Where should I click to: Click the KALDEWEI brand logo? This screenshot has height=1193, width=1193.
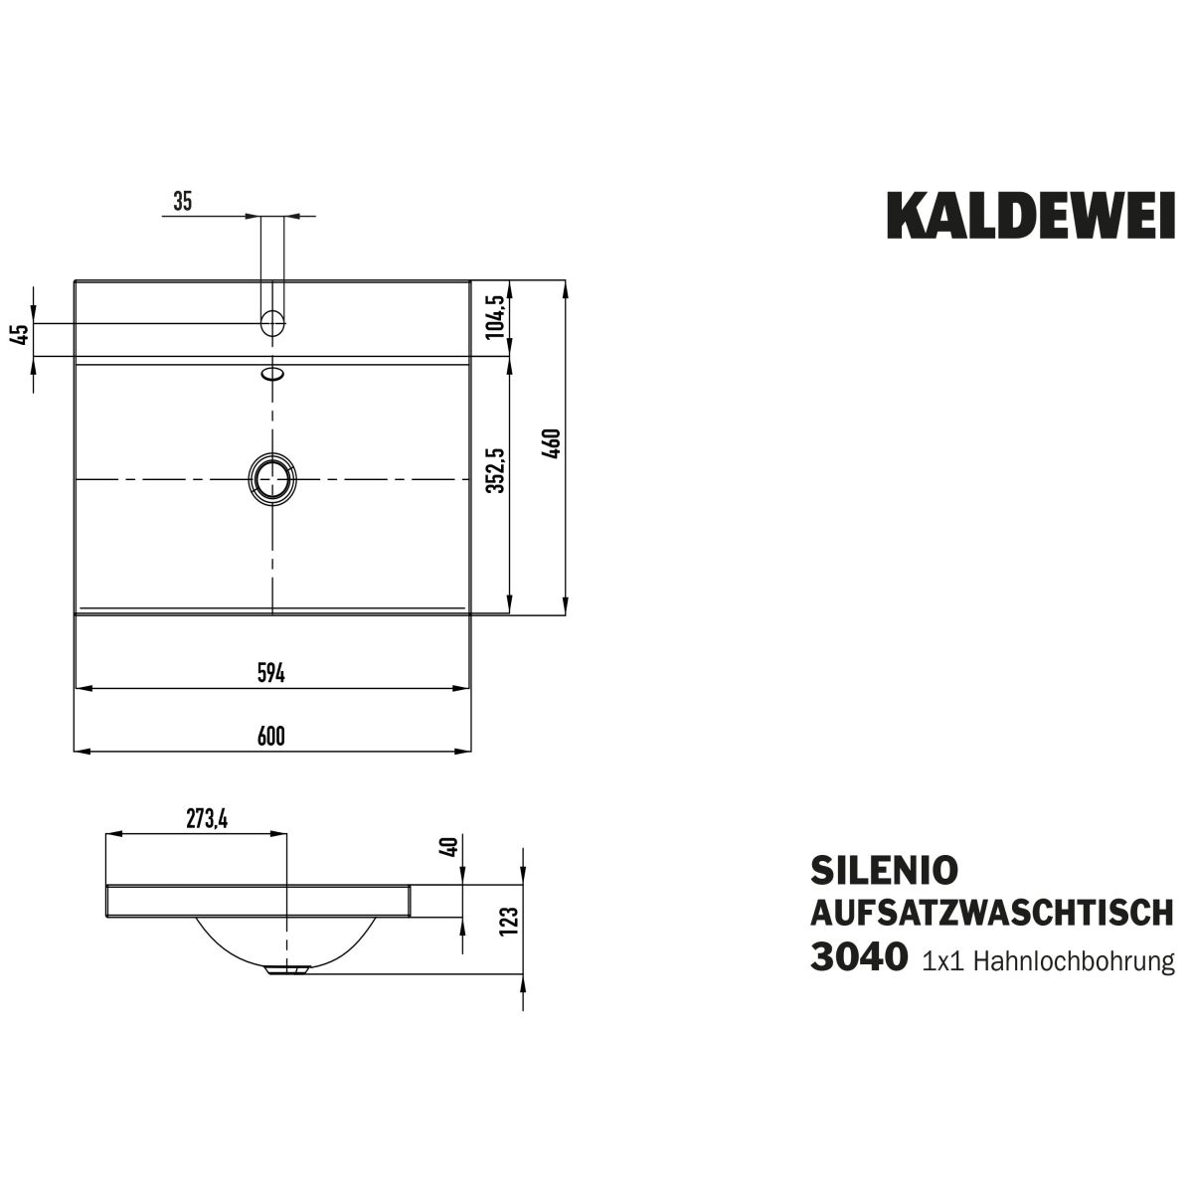pos(1031,216)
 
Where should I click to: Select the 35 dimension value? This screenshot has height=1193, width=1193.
pos(183,201)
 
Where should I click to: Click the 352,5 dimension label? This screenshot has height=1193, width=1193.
pos(495,470)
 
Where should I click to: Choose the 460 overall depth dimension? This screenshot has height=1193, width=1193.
pos(552,443)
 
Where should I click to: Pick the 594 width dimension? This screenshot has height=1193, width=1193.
pos(271,673)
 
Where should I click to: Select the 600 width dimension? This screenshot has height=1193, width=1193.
pos(271,736)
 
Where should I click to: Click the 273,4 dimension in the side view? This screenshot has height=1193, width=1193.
pos(207,819)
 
